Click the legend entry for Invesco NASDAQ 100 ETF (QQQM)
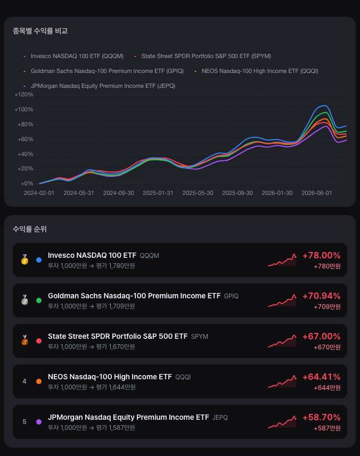coord(73,56)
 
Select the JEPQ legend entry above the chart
coord(100,86)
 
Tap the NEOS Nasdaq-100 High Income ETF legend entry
coord(257,71)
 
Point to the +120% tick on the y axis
coord(24,94)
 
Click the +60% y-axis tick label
coord(26,139)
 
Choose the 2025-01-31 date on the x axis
coord(158,193)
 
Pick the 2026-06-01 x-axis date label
coord(317,193)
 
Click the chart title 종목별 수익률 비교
coord(40,31)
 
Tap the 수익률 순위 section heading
coord(30,229)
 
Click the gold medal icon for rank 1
coord(24,260)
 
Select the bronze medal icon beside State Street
coord(24,340)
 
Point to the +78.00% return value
coord(321,255)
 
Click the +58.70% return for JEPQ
coord(321,417)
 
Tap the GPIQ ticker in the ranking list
coord(231,296)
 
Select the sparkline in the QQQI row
coord(282,381)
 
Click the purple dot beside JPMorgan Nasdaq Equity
coord(39,422)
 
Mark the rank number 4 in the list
coord(24,381)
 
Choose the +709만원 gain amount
coord(327,307)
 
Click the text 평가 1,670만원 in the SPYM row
coord(116,347)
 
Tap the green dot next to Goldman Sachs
coord(39,300)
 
